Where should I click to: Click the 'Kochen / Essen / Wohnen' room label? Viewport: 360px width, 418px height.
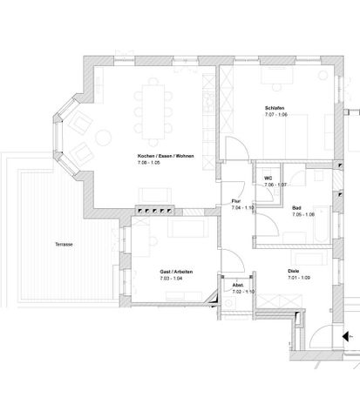(x=165, y=156)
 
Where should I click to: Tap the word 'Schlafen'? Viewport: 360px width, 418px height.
(x=275, y=108)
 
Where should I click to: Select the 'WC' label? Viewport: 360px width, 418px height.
(x=269, y=179)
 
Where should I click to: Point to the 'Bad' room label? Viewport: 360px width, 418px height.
(x=297, y=208)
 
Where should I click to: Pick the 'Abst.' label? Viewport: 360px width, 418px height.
(x=237, y=285)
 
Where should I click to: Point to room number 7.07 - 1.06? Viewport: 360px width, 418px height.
(x=275, y=115)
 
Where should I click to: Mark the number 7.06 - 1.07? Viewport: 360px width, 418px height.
(x=275, y=185)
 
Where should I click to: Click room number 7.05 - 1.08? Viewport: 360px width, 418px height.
(x=303, y=215)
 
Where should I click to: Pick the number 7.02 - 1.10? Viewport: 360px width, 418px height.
(x=242, y=292)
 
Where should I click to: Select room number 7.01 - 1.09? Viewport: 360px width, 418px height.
(x=300, y=278)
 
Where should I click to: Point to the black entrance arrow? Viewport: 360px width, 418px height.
(x=347, y=336)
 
